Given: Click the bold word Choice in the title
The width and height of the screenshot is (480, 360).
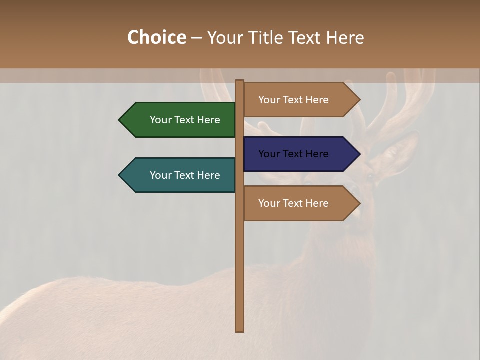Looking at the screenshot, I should pyautogui.click(x=156, y=37).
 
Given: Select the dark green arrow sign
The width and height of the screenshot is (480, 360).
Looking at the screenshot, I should pyautogui.click(x=180, y=120).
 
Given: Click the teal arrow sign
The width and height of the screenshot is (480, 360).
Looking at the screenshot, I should pyautogui.click(x=180, y=175).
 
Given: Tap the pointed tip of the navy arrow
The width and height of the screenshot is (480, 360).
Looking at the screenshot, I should pyautogui.click(x=359, y=154).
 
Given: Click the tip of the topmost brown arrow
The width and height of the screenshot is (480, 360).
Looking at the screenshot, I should pyautogui.click(x=359, y=100).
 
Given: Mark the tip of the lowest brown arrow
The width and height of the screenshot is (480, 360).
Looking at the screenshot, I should pyautogui.click(x=359, y=203).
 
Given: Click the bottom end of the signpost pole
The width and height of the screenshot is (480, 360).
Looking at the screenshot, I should pyautogui.click(x=240, y=330).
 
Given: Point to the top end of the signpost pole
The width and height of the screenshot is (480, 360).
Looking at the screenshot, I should pyautogui.click(x=240, y=82).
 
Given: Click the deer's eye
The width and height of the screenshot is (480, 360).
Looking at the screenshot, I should pyautogui.click(x=370, y=176).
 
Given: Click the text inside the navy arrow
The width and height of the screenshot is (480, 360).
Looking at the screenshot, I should pyautogui.click(x=293, y=154).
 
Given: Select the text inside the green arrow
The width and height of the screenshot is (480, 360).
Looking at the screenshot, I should pyautogui.click(x=185, y=120).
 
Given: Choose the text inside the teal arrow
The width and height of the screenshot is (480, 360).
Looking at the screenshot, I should pyautogui.click(x=185, y=175).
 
